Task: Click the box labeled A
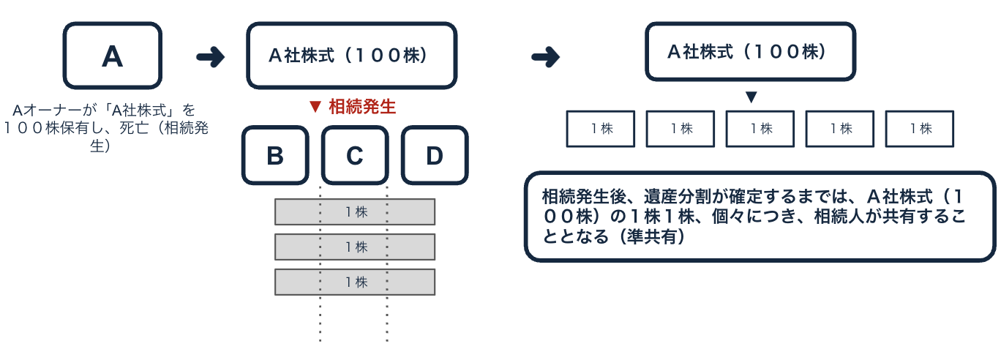pyautogui.click(x=112, y=56)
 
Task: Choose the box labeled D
pyautogui.click(x=435, y=155)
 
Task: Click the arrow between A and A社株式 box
pyautogui.click(x=211, y=57)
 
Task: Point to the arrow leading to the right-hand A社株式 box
pyautogui.click(x=545, y=57)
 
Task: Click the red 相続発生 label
pyautogui.click(x=362, y=107)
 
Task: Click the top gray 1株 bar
pyautogui.click(x=355, y=212)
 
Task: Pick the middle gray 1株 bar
pyautogui.click(x=355, y=247)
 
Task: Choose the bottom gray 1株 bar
pyautogui.click(x=355, y=282)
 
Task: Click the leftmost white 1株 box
pyautogui.click(x=601, y=129)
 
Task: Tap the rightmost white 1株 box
pyautogui.click(x=920, y=129)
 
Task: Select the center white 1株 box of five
pyautogui.click(x=760, y=129)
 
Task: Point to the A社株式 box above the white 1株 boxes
pyautogui.click(x=750, y=51)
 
